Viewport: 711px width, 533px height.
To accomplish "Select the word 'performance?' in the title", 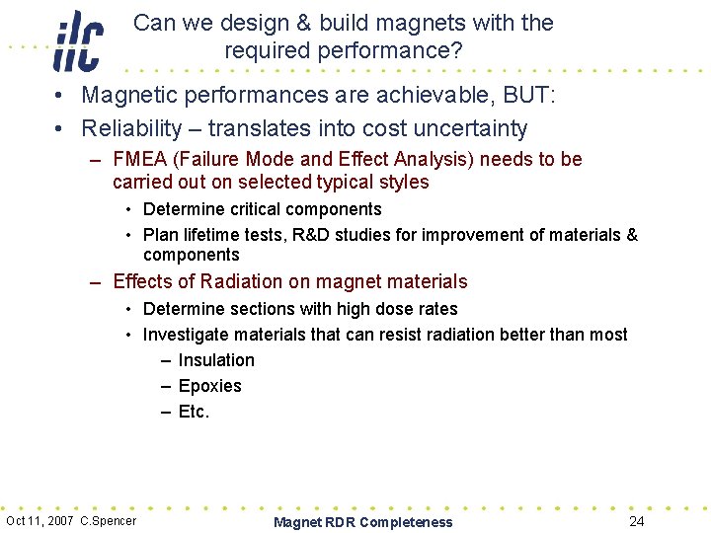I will (397, 50).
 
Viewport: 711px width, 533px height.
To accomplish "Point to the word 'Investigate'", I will (187, 335).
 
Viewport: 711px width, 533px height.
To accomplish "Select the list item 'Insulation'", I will (216, 360).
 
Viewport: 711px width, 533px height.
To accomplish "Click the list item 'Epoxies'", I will (209, 386).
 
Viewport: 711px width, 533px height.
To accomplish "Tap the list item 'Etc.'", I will (194, 412).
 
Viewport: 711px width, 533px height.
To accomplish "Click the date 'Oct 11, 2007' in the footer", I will (40, 521).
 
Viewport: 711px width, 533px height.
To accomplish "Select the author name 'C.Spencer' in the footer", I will (109, 521).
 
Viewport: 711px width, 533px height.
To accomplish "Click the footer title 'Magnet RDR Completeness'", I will (362, 522).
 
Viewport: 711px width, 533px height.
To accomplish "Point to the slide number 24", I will (637, 521).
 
